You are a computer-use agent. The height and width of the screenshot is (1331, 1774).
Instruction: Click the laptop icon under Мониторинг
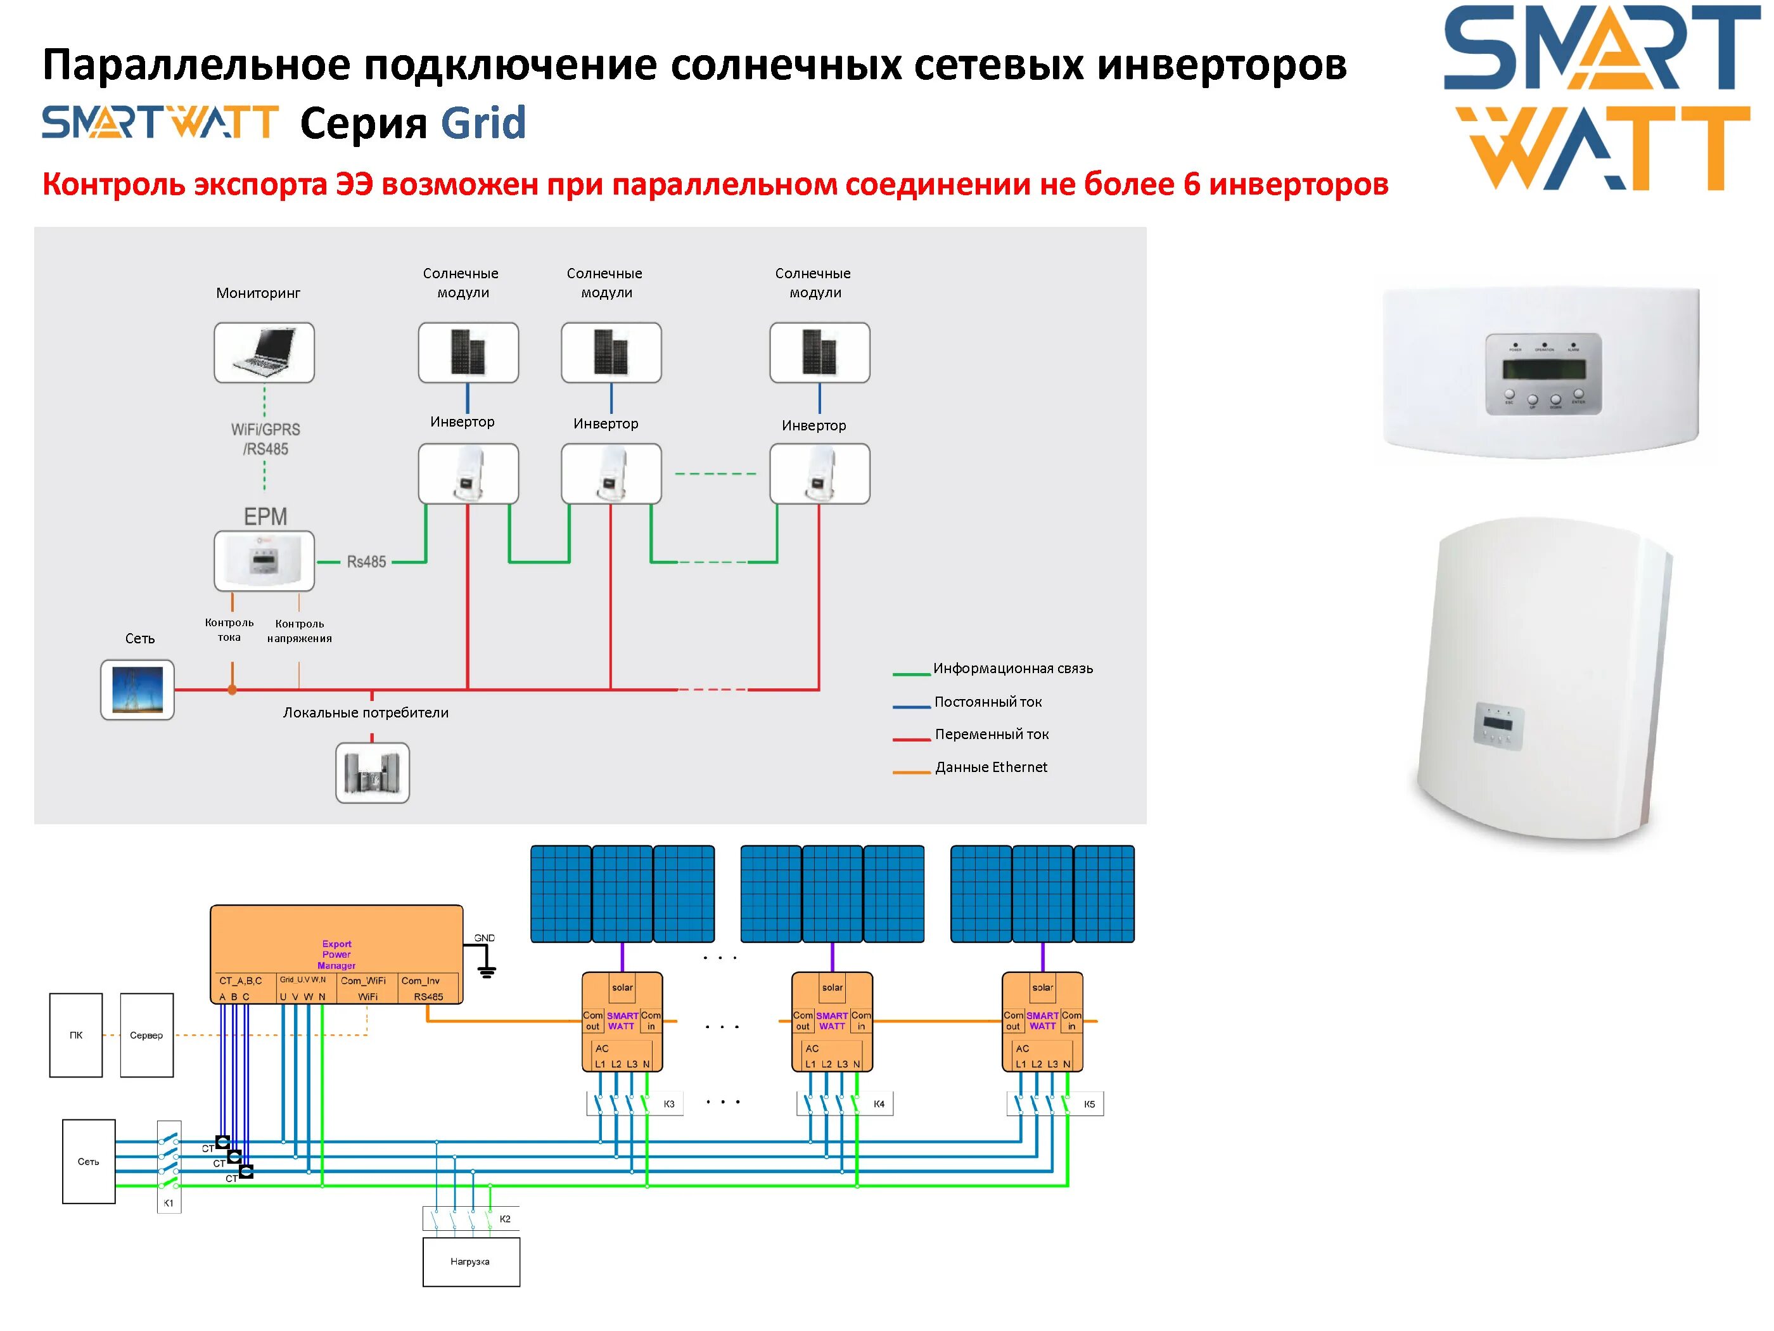(264, 353)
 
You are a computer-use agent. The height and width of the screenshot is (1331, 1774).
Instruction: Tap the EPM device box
(264, 561)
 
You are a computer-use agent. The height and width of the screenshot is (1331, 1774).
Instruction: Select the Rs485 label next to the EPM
(366, 562)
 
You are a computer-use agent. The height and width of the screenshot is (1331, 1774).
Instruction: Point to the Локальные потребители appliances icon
(372, 773)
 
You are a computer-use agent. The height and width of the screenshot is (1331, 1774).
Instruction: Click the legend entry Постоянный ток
(987, 702)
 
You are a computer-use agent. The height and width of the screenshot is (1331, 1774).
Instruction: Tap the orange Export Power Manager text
(337, 954)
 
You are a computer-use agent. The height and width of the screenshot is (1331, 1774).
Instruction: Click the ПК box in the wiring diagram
(76, 1035)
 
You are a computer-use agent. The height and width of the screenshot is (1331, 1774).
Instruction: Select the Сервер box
(147, 1035)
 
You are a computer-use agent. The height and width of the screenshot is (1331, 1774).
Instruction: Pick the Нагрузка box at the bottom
(471, 1262)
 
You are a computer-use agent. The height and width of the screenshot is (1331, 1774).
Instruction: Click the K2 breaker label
(505, 1219)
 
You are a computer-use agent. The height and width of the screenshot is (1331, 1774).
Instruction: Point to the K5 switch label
(1089, 1104)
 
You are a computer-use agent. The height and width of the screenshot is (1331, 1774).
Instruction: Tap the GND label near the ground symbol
(485, 938)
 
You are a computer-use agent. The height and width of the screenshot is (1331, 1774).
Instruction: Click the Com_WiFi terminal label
(363, 981)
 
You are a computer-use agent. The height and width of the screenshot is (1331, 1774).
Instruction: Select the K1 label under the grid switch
(169, 1202)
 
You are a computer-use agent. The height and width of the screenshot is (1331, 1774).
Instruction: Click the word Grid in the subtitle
(483, 124)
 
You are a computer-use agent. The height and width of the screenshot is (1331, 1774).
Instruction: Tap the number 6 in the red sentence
(1192, 184)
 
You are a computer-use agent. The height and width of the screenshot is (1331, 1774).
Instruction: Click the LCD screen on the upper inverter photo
(1544, 370)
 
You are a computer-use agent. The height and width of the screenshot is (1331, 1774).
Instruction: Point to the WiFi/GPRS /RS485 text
(265, 439)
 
